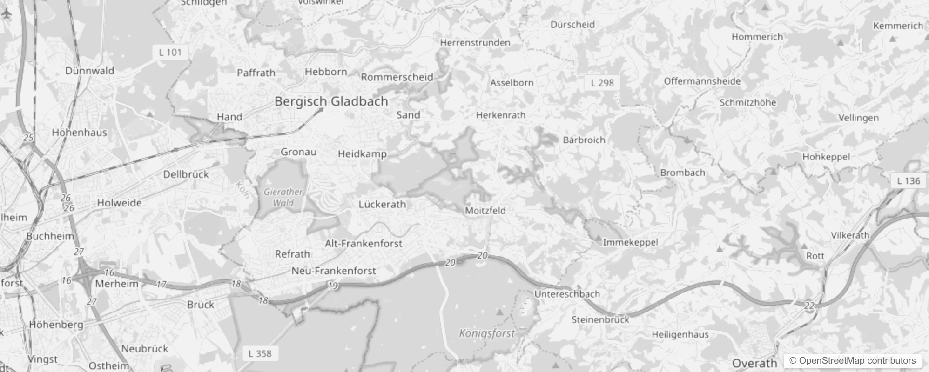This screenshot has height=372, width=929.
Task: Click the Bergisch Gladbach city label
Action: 331,101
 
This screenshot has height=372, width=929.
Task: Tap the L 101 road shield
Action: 170,52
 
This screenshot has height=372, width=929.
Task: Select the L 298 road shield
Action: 602,83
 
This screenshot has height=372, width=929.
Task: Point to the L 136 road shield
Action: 908,181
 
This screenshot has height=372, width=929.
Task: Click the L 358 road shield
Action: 260,353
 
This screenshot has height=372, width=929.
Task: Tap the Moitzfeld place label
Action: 485,211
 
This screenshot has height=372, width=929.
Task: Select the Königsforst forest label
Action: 487,333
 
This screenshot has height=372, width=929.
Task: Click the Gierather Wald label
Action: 283,197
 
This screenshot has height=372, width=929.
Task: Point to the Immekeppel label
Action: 630,242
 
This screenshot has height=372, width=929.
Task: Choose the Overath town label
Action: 754,363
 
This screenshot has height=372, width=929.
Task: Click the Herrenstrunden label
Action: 475,43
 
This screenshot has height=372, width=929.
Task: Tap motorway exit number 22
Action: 809,306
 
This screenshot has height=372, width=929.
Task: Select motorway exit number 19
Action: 332,286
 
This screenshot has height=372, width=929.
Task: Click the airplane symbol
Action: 7,14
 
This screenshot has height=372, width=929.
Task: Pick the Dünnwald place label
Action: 89,71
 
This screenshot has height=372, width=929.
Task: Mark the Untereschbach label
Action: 567,294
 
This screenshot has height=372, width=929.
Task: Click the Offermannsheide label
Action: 702,81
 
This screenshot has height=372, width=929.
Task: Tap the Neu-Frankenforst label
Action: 333,271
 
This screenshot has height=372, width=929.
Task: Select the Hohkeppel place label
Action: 826,157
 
